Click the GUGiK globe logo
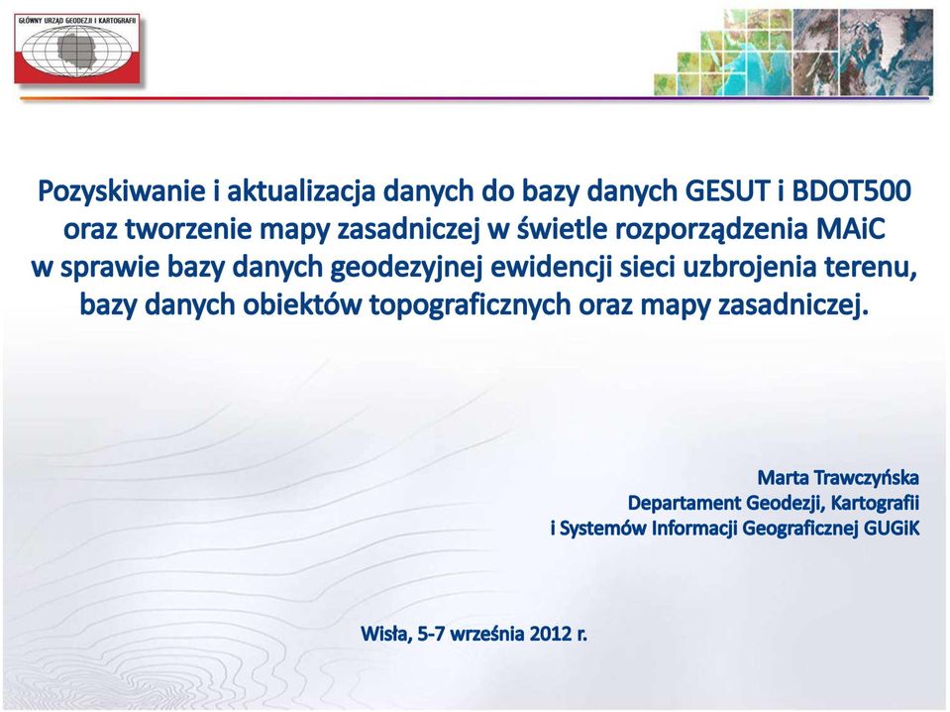coord(77,49)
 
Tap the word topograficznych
coord(471,305)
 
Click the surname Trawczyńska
coord(867,479)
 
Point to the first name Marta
coord(783,478)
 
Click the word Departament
coord(685,504)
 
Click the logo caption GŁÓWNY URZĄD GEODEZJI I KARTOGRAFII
coord(77,20)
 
